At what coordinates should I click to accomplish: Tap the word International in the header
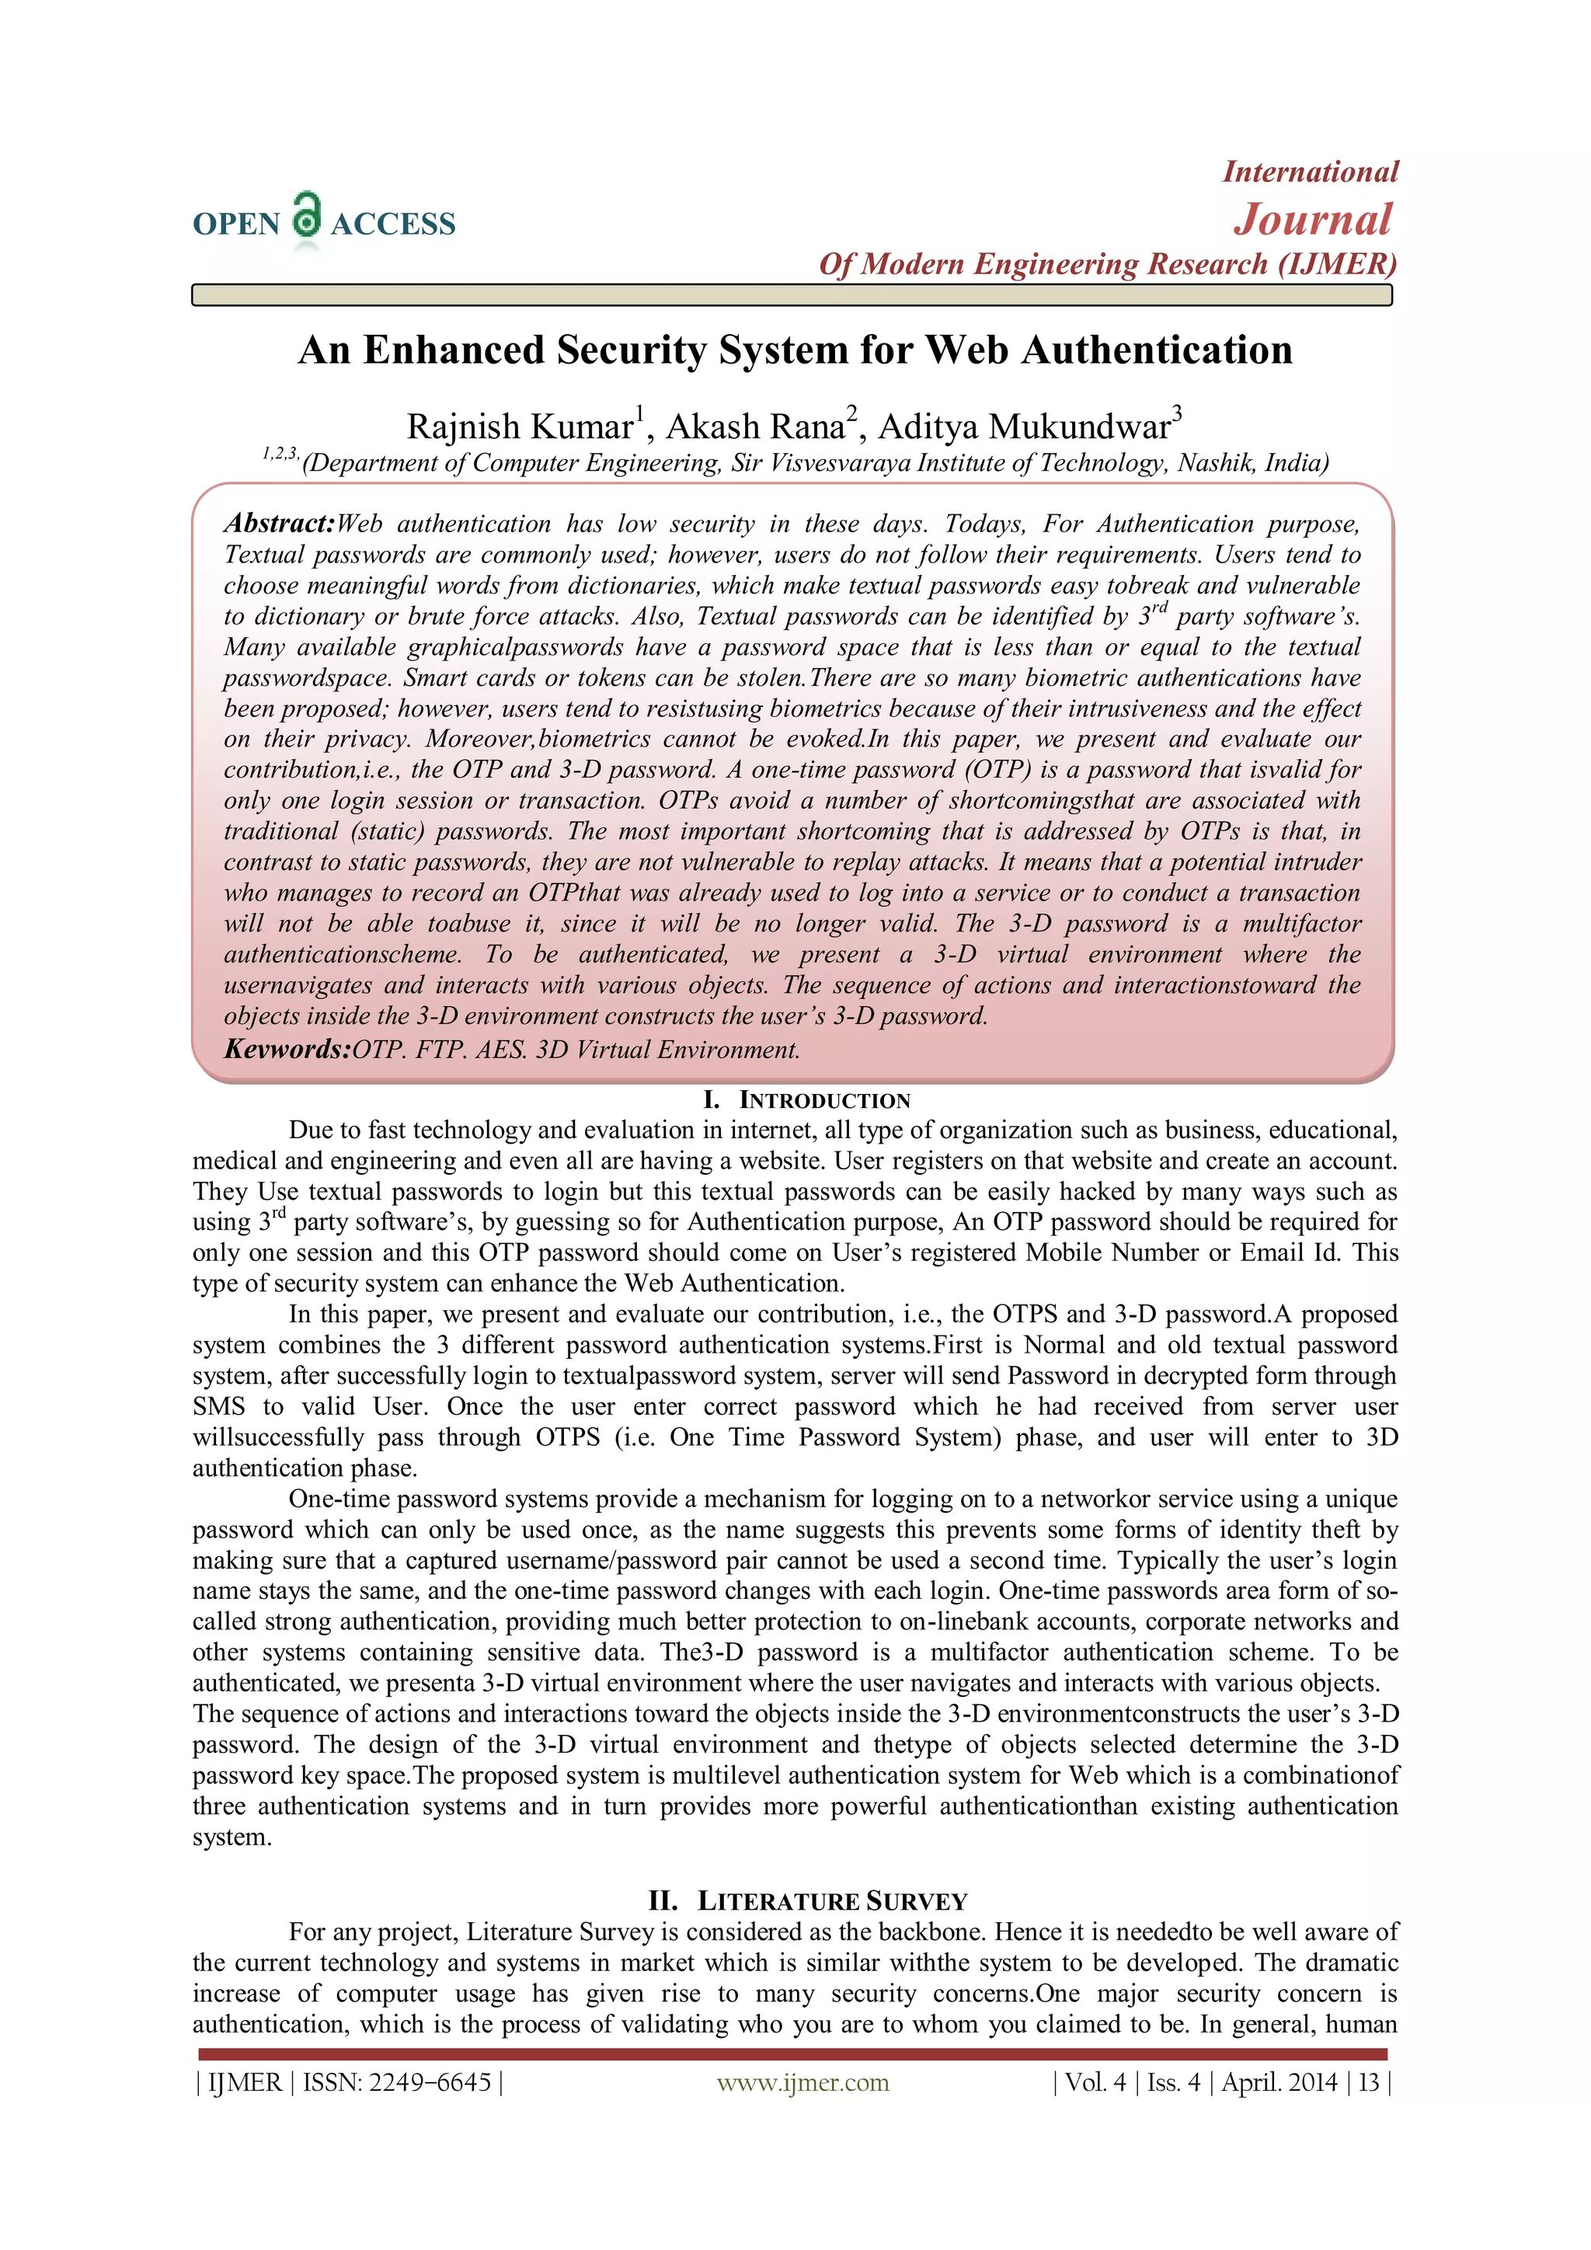point(1310,172)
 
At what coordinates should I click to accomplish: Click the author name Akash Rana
point(755,427)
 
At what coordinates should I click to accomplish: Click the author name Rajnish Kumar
point(520,427)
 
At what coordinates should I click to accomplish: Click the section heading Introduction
point(824,1100)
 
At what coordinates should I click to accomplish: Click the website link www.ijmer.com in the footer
point(802,2082)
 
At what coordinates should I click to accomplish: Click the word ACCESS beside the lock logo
point(393,225)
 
